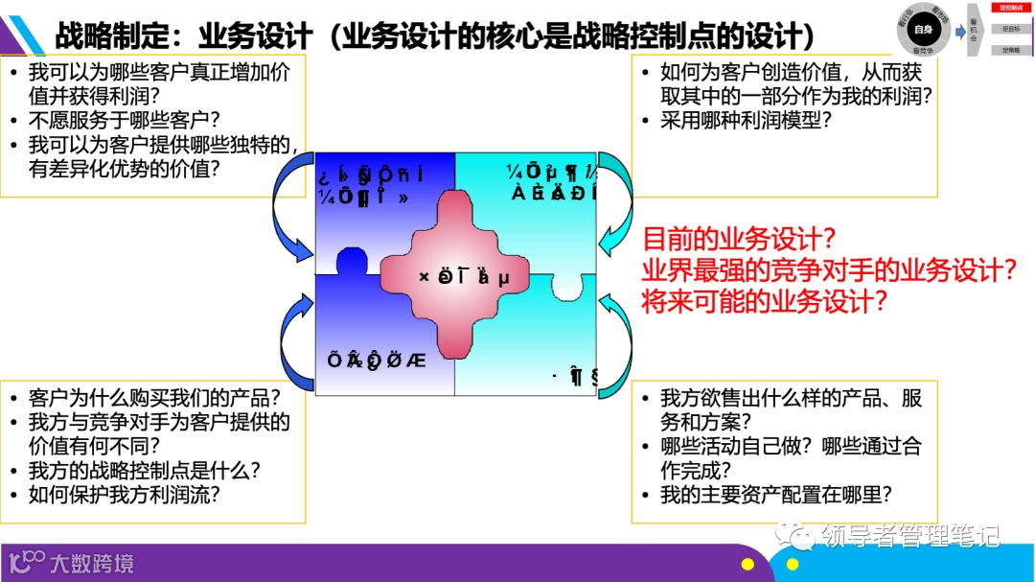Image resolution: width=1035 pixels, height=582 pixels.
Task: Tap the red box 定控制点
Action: click(1010, 8)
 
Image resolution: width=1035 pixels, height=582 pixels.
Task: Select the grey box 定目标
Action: click(1010, 29)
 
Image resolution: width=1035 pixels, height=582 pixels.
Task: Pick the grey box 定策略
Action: click(1010, 49)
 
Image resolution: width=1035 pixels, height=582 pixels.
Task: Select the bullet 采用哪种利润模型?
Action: click(746, 120)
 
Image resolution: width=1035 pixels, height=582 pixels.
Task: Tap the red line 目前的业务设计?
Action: click(739, 239)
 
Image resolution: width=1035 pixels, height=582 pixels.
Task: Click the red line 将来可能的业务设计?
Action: click(764, 301)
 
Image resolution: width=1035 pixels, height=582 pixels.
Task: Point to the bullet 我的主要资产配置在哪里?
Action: click(776, 495)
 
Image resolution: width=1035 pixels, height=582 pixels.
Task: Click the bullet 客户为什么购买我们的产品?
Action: click(154, 397)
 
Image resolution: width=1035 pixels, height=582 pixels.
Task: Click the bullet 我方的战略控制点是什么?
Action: click(144, 471)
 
